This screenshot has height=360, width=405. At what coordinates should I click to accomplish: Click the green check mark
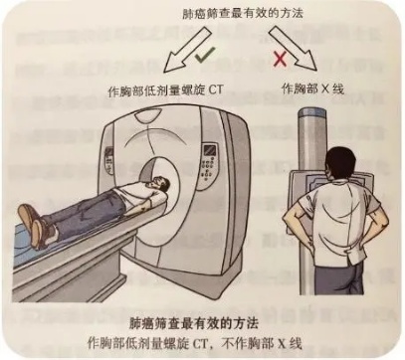click(x=205, y=56)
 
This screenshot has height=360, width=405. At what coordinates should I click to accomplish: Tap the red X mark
click(x=281, y=59)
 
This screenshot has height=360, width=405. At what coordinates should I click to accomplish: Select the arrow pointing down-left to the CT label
click(x=186, y=51)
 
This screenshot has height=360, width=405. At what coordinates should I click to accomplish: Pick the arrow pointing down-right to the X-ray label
click(x=293, y=49)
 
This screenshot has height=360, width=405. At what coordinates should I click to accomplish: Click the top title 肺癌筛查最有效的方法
click(x=243, y=14)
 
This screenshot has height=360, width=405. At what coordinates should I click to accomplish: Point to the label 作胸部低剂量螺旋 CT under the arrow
click(x=165, y=90)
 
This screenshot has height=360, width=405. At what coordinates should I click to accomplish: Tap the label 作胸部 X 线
click(x=312, y=89)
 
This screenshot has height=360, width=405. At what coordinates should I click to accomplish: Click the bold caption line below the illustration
click(x=194, y=323)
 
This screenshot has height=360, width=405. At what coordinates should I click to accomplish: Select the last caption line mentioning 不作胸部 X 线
click(x=195, y=343)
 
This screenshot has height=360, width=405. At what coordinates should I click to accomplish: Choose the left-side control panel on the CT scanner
click(x=108, y=160)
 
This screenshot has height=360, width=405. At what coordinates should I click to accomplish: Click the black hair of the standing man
click(x=340, y=162)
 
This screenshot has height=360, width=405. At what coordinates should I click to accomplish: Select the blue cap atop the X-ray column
click(x=310, y=111)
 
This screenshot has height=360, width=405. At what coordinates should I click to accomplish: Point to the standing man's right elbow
click(x=288, y=220)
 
